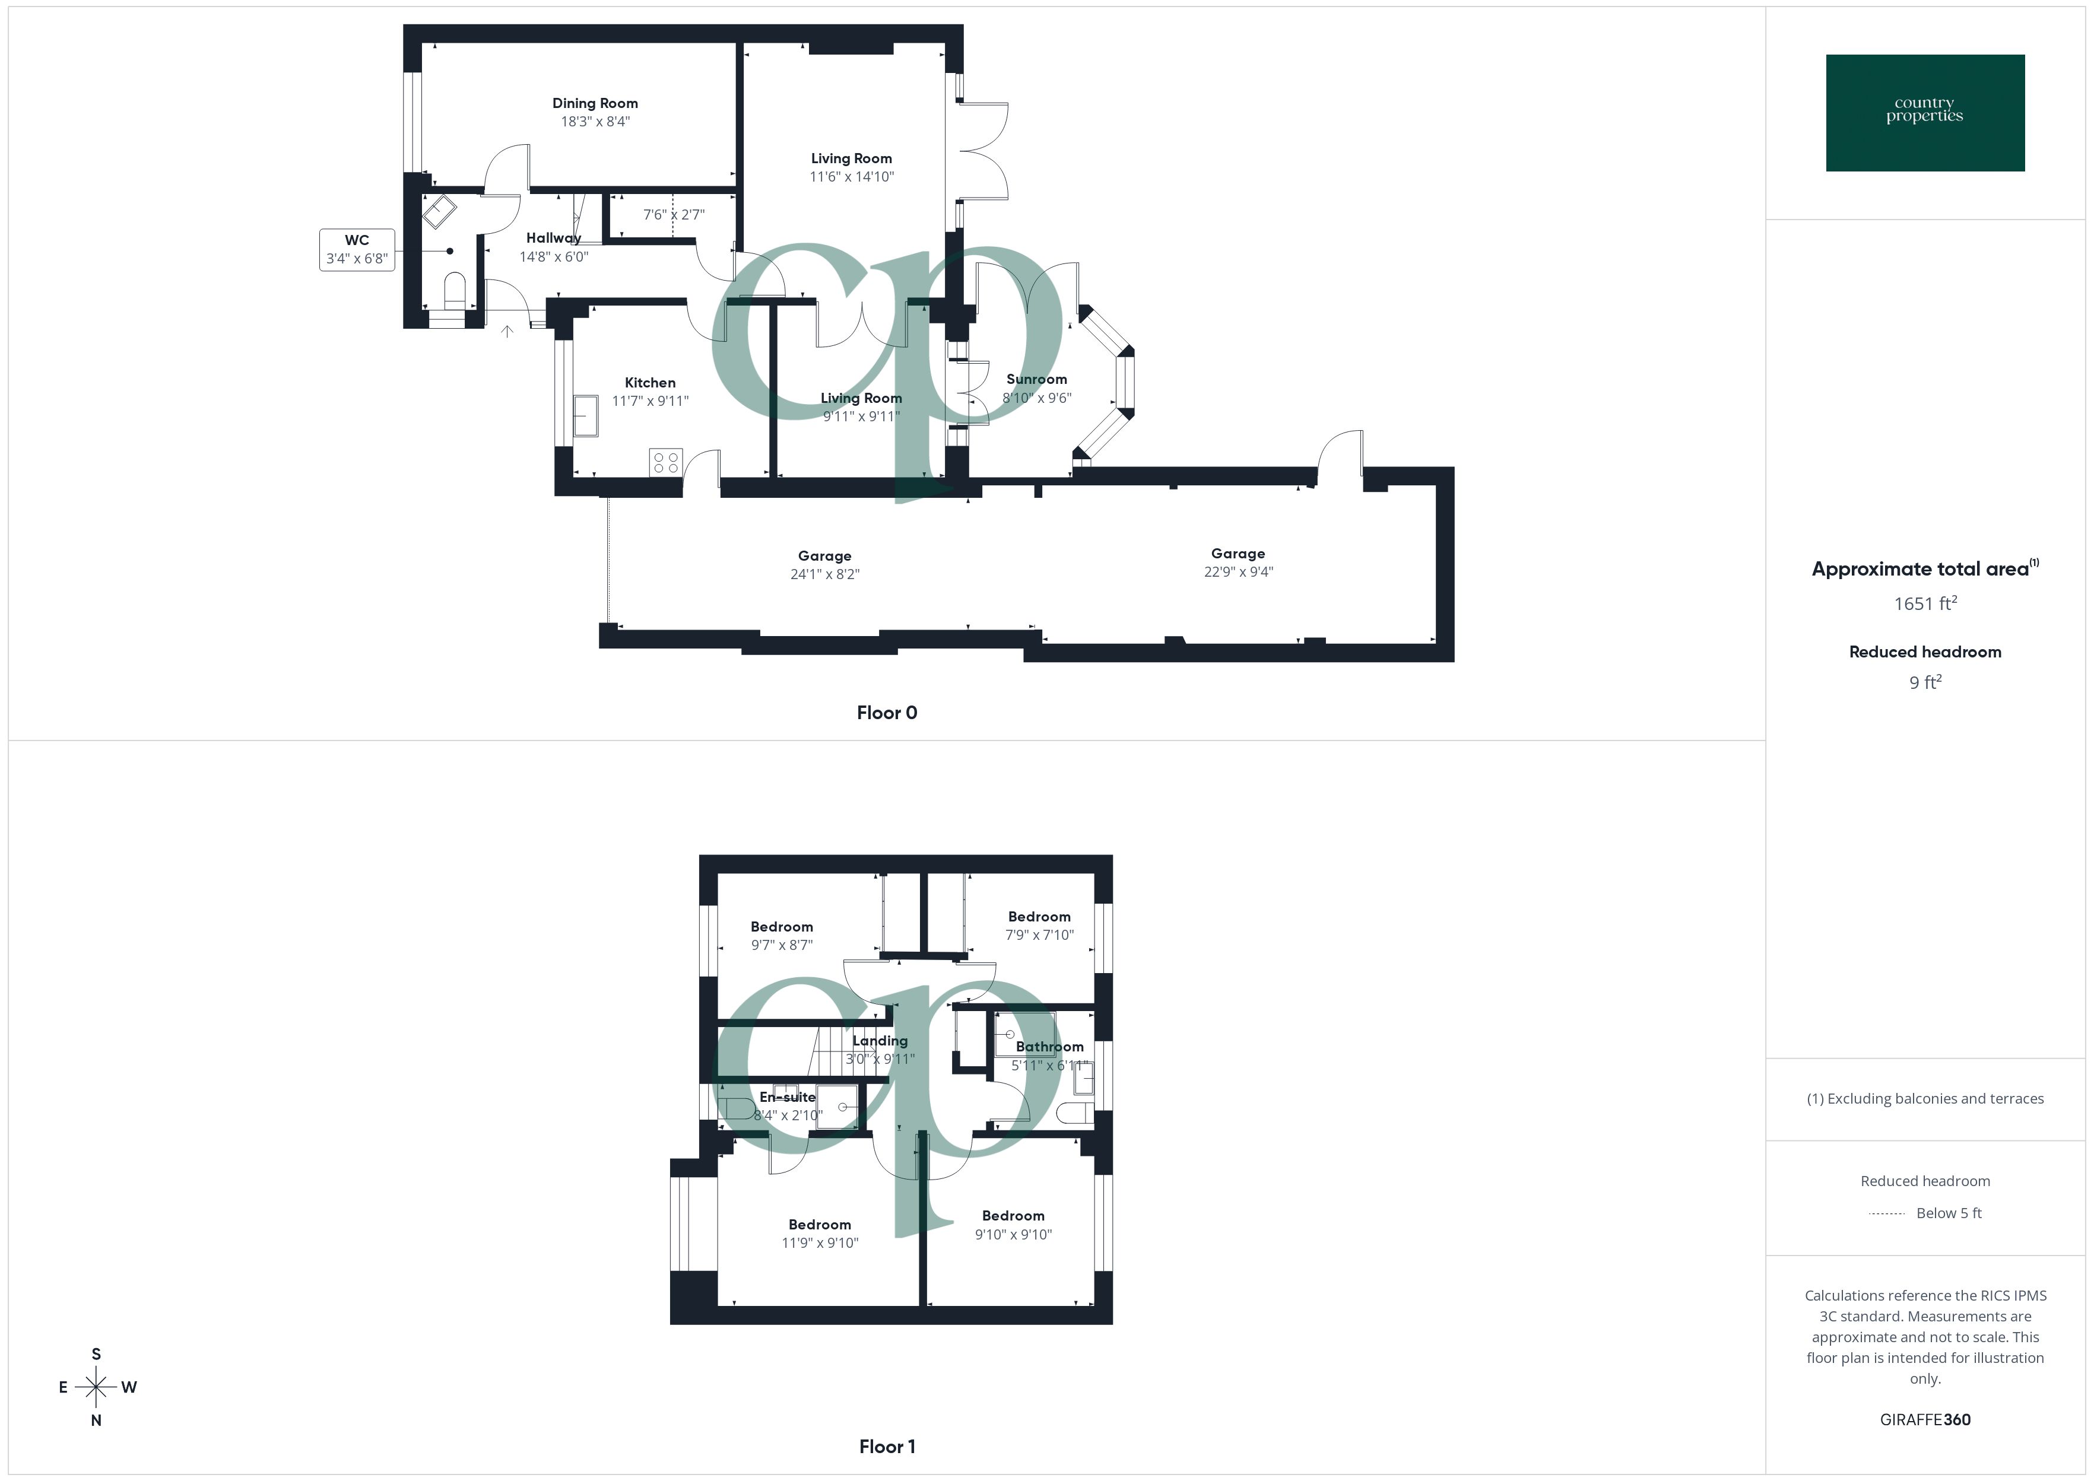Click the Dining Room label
(x=595, y=103)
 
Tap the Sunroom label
(x=1036, y=379)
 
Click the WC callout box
(x=357, y=250)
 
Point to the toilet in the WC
(x=454, y=290)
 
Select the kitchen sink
(x=585, y=416)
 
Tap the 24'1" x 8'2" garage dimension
(x=824, y=574)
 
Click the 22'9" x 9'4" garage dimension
(x=1238, y=572)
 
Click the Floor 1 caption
(x=887, y=1447)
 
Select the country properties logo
(x=1924, y=113)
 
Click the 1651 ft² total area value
(x=1924, y=603)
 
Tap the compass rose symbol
(x=96, y=1387)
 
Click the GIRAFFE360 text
(x=1924, y=1419)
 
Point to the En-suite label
(x=787, y=1097)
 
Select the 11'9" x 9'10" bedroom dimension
(x=819, y=1243)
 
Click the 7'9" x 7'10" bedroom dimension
(x=1039, y=935)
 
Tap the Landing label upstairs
(x=879, y=1041)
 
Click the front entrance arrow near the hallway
(x=507, y=331)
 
